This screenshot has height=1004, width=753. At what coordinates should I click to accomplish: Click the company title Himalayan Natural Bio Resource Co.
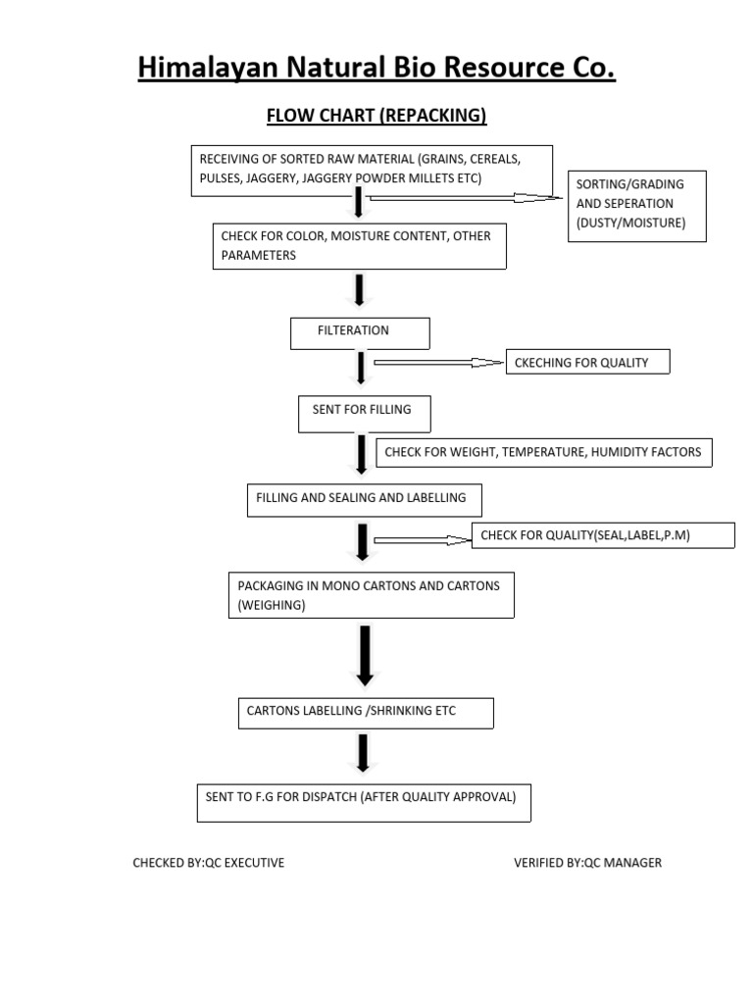click(376, 68)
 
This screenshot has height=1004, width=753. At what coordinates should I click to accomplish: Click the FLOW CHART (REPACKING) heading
click(376, 116)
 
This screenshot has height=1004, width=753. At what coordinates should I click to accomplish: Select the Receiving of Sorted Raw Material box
click(372, 170)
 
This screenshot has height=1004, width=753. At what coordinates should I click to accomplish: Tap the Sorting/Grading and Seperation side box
click(636, 205)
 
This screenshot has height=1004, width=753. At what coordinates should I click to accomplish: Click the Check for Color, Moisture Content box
click(360, 246)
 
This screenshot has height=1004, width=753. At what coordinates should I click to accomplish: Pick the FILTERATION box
click(360, 332)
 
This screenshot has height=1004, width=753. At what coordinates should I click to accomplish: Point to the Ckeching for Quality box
click(587, 362)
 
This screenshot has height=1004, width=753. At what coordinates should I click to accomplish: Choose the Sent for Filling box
click(365, 413)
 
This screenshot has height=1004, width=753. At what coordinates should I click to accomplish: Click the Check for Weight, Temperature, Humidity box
click(544, 452)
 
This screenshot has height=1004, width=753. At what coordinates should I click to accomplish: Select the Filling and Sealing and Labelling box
click(364, 499)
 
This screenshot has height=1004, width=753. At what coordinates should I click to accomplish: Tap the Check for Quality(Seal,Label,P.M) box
click(603, 534)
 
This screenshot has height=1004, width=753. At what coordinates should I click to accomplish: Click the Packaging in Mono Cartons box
click(371, 596)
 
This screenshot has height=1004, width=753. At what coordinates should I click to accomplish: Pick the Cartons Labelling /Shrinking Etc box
click(366, 713)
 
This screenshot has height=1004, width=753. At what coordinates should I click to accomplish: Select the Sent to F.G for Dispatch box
click(364, 800)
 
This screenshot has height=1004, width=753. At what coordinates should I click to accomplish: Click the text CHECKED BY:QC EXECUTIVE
click(209, 863)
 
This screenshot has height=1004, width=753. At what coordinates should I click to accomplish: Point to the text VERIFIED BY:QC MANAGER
click(587, 863)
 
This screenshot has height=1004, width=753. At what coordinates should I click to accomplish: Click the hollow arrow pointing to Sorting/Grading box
click(466, 197)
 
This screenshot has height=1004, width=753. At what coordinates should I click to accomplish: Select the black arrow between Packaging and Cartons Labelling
click(365, 655)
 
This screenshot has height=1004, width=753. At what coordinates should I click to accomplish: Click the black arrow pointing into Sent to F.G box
click(364, 754)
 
